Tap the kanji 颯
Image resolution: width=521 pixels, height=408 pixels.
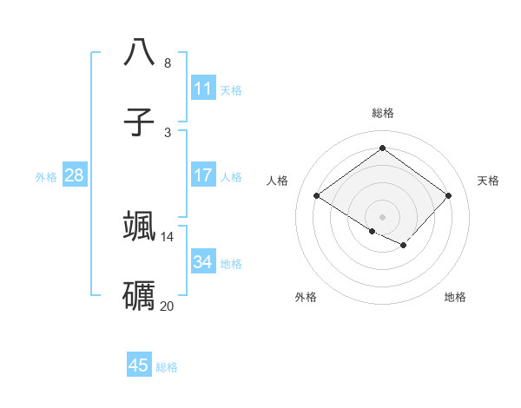click(139, 225)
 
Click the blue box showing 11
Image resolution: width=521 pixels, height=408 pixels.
click(202, 89)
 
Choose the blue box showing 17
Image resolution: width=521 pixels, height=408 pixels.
click(202, 175)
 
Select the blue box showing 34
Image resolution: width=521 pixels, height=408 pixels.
click(202, 262)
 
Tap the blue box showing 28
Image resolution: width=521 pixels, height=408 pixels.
click(74, 175)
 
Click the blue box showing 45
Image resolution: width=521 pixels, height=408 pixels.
click(139, 365)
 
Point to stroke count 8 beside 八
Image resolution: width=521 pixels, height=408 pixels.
click(168, 63)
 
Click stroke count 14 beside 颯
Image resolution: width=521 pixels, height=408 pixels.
click(168, 236)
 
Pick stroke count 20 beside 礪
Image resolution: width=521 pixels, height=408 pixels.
click(168, 306)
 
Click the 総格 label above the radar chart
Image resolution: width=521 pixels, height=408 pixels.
click(382, 113)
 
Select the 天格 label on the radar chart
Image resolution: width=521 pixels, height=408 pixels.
click(488, 181)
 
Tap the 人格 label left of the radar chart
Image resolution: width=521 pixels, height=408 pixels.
click(278, 181)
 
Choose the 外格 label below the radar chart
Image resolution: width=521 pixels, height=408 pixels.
click(306, 297)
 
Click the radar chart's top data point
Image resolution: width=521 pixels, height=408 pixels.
click(382, 148)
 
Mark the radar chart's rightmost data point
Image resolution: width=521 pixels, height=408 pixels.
click(448, 195)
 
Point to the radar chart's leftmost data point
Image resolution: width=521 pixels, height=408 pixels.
click(317, 195)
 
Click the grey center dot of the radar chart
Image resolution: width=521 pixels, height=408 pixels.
click(382, 216)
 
